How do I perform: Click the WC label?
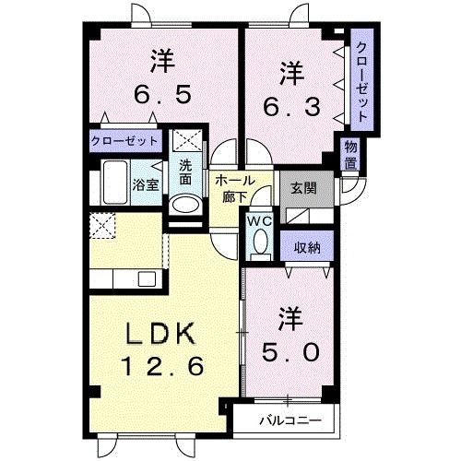(257, 221)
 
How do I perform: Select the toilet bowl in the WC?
(258, 242)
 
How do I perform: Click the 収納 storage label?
(308, 248)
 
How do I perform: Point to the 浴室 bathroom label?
(147, 183)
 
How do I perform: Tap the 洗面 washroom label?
(185, 172)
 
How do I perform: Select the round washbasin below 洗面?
(185, 205)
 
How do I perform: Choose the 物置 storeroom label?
(351, 154)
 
